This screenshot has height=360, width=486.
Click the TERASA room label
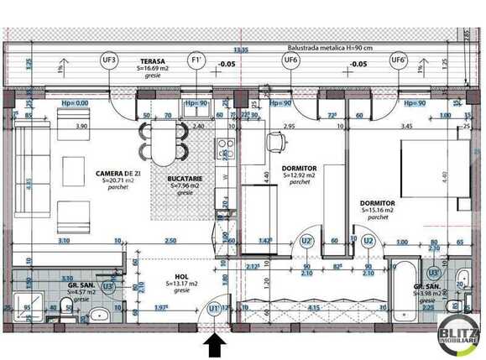153,61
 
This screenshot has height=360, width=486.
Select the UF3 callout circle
109,60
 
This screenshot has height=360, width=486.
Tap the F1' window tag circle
196,60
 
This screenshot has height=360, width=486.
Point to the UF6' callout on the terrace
399,60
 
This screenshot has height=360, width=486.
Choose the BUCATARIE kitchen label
186,177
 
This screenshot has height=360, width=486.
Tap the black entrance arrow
216,345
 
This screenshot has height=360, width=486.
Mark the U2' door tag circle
308,240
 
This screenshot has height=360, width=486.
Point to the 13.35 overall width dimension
241,50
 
